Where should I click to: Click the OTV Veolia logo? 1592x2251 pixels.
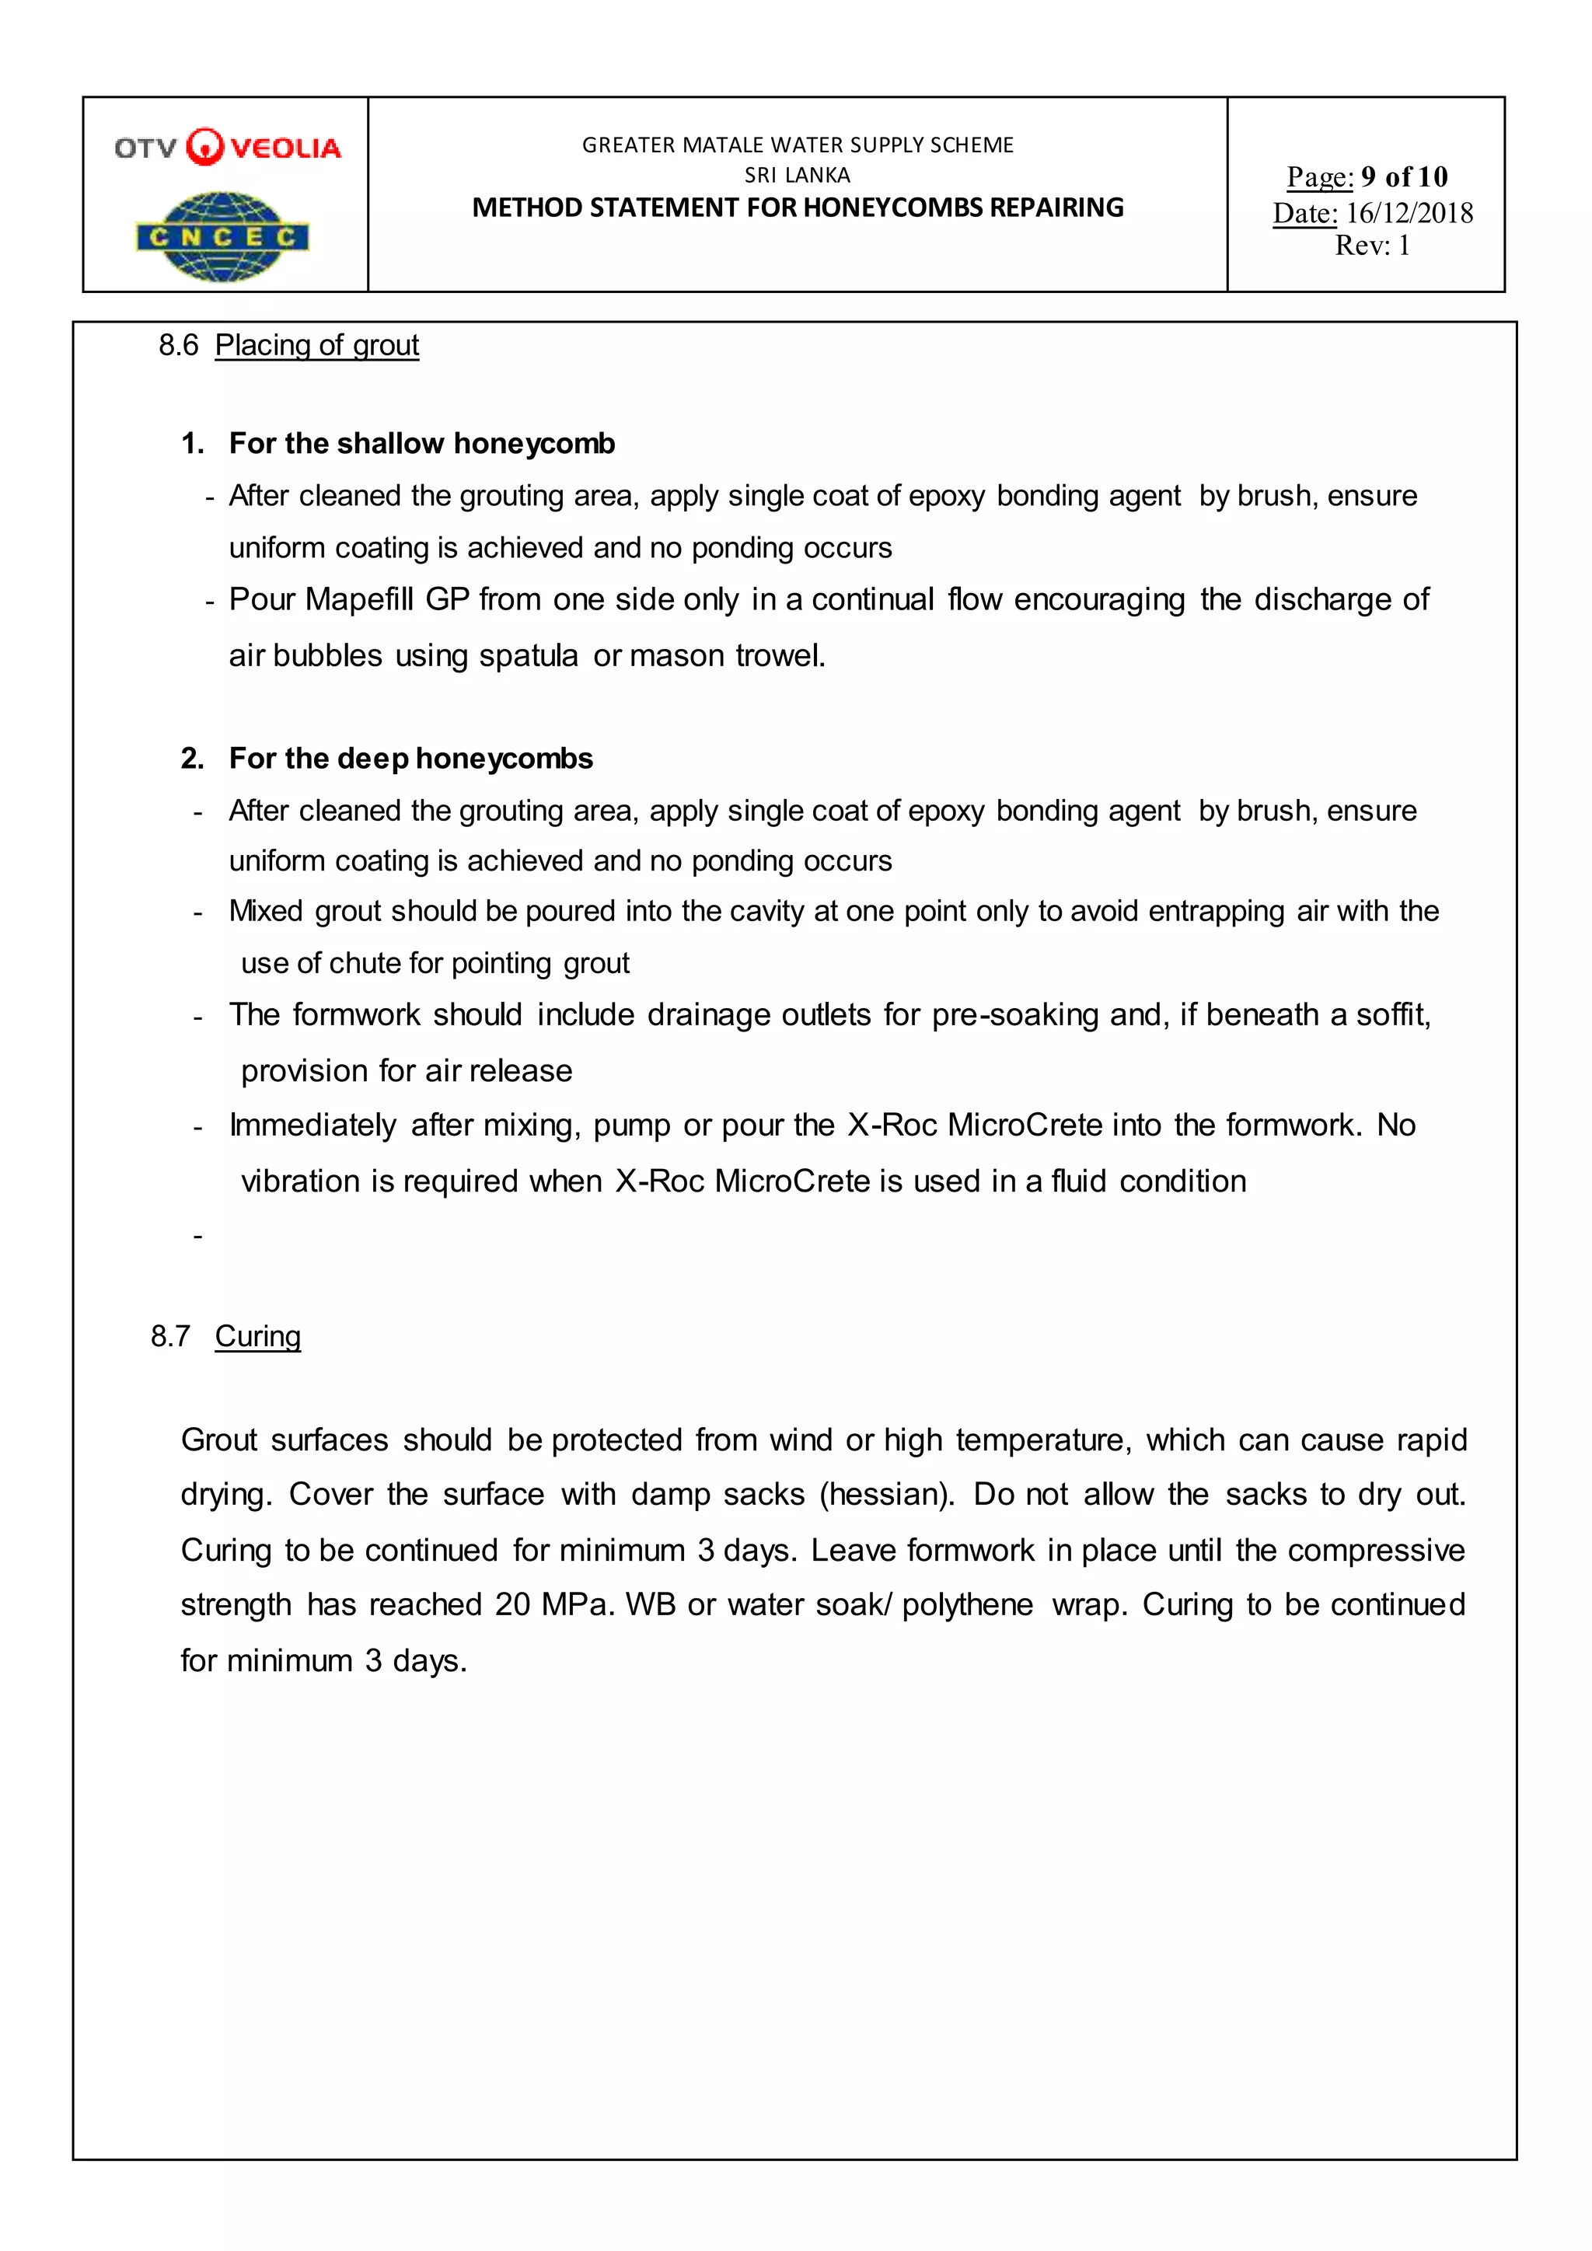228,147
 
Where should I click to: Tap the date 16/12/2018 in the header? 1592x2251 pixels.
1409,213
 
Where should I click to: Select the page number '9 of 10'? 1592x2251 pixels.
1404,176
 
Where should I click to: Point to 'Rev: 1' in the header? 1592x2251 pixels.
1371,245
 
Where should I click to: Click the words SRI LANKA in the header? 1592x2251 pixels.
797,176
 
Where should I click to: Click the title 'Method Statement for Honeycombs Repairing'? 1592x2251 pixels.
797,208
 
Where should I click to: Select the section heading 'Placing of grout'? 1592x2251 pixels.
316,345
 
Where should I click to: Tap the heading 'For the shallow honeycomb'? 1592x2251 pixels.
421,443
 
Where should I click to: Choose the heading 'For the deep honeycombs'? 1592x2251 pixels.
410,758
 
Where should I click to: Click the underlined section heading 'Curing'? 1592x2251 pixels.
258,1335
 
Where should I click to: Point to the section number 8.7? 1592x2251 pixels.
170,1335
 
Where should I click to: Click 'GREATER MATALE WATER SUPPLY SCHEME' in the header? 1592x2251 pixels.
797,145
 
